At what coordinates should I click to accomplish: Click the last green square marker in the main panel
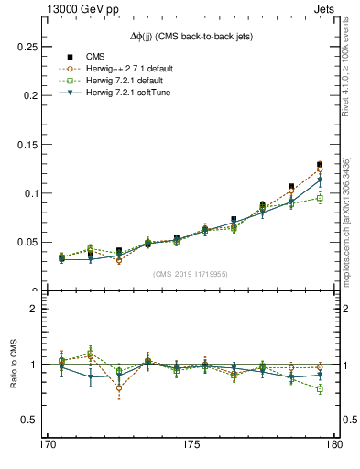[x=320, y=198]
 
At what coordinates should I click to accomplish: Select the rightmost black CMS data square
[x=320, y=165]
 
